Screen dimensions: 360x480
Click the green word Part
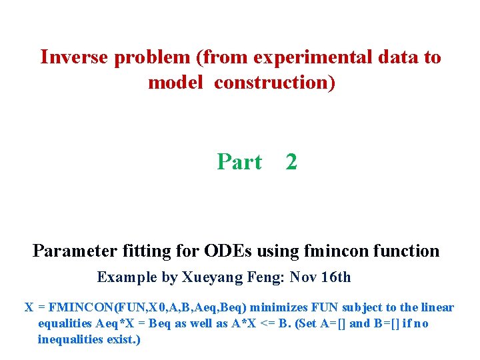(x=239, y=162)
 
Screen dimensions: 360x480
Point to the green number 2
(x=291, y=162)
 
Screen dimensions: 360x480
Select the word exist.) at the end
(x=127, y=339)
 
